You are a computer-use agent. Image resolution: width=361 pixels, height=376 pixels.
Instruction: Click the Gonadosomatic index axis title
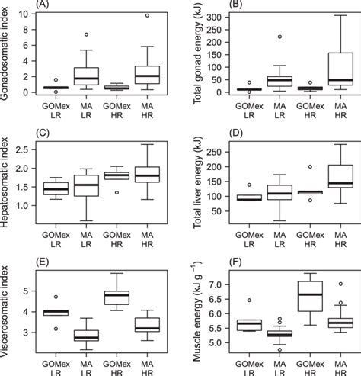tap(7, 53)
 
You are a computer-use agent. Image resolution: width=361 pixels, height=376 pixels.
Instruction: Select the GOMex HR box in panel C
tap(117, 175)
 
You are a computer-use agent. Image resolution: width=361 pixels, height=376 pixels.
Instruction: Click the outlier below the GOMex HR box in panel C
tap(117, 193)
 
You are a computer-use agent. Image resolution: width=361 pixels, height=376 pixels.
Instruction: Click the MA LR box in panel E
tap(85, 335)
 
